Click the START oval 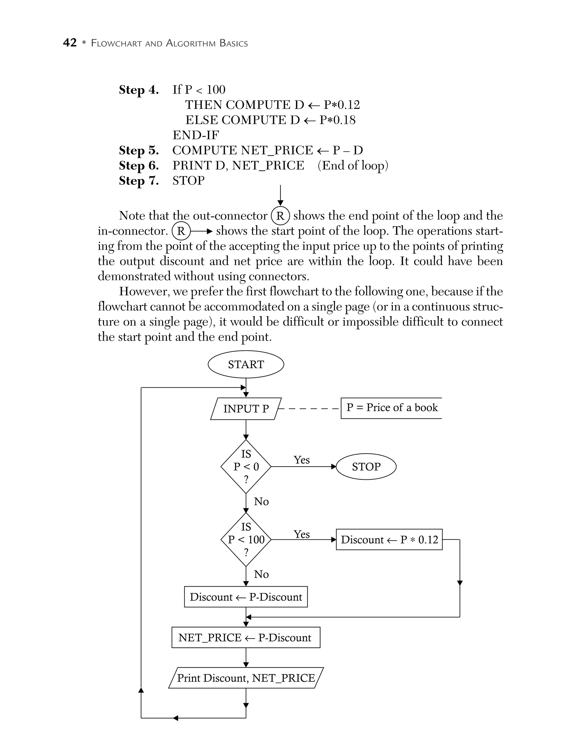[246, 364]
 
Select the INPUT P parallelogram [246, 409]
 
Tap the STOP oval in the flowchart [366, 467]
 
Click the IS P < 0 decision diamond [246, 467]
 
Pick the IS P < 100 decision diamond [246, 540]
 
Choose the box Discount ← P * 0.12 [389, 540]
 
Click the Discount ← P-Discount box [246, 597]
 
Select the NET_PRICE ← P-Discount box [246, 637]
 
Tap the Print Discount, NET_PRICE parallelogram [246, 678]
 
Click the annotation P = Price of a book [392, 408]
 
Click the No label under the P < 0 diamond [261, 502]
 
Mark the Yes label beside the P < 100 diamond [302, 534]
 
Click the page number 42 [70, 43]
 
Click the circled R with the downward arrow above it [280, 216]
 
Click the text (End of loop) [353, 165]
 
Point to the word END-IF [195, 135]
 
